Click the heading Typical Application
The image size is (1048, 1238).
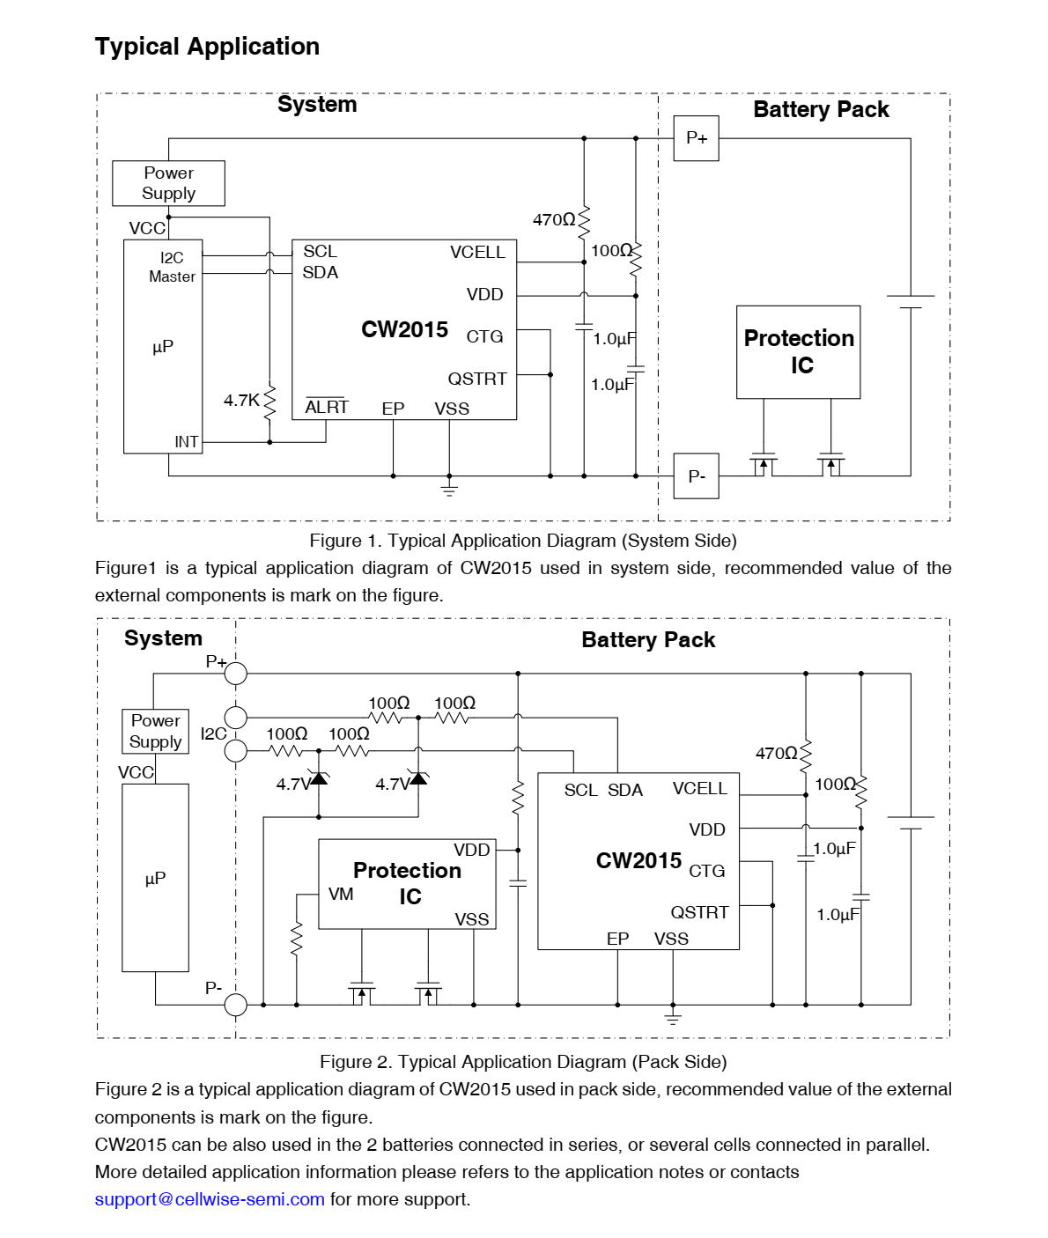(207, 47)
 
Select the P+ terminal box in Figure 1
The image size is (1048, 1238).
(696, 138)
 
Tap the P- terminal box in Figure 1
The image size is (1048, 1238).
(696, 476)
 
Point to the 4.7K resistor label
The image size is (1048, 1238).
(241, 401)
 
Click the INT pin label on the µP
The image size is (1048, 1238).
(186, 442)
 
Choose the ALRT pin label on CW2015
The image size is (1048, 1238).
(327, 408)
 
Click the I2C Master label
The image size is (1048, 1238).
(172, 267)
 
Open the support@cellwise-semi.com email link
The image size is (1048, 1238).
(210, 1199)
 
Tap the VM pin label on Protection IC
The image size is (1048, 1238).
(341, 895)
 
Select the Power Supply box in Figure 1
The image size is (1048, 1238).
(168, 183)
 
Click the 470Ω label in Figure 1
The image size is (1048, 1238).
(554, 220)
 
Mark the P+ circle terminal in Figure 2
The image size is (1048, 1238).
(236, 674)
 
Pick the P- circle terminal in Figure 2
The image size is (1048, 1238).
(236, 1004)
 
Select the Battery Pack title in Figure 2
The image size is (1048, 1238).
(648, 640)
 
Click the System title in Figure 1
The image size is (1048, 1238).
(317, 105)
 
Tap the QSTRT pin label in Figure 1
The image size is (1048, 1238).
(477, 379)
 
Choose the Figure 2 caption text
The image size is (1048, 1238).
(523, 1062)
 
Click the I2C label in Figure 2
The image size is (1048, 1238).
(213, 733)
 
